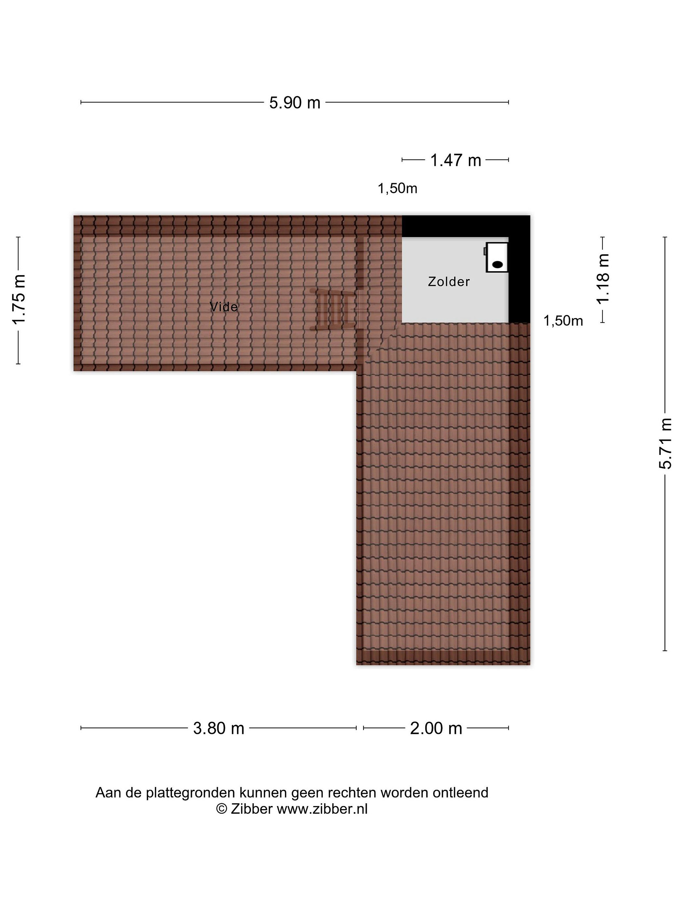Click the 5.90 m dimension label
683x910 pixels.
tap(294, 102)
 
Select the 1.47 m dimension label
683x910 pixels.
tap(455, 160)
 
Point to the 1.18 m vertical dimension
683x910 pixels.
tap(602, 279)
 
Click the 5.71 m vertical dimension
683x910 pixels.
tap(665, 444)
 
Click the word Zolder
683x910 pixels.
tap(449, 282)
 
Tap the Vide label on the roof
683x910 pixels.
tap(224, 306)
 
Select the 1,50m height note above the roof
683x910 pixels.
tap(397, 188)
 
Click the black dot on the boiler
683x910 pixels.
tap(498, 264)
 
